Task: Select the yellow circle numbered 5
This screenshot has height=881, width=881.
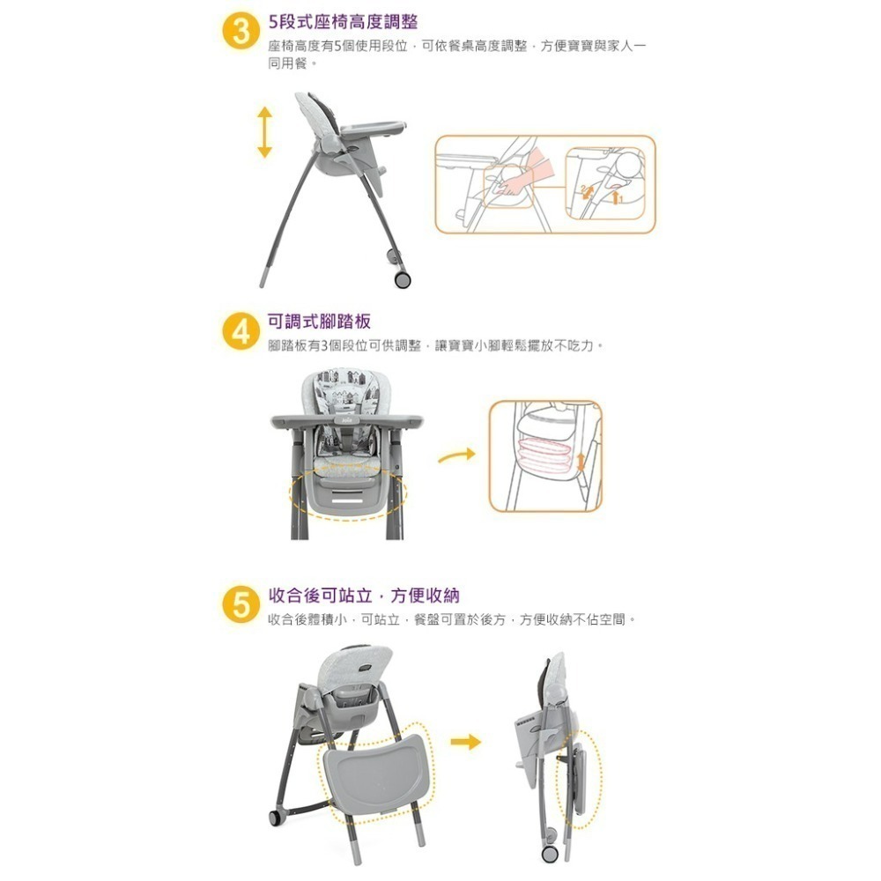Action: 240,606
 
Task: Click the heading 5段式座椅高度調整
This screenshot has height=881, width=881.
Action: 343,21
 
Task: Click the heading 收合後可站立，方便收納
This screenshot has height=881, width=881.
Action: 363,596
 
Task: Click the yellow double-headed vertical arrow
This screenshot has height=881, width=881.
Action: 264,132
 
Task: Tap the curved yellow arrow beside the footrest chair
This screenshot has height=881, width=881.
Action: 456,455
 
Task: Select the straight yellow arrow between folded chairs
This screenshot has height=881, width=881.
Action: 466,742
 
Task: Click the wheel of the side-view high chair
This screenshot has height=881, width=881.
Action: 402,279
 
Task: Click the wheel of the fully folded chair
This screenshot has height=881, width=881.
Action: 551,853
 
